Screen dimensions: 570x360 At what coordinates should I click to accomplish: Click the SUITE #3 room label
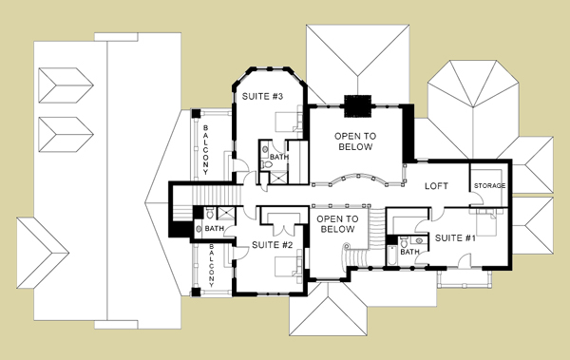click(262, 96)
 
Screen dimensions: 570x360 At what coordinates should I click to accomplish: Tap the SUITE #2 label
click(273, 245)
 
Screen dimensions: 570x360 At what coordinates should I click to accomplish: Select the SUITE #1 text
click(455, 238)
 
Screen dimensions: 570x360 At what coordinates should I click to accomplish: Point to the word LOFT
click(437, 186)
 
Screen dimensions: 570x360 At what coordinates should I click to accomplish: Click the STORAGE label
click(489, 186)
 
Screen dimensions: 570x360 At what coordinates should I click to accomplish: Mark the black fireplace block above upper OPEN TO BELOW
click(358, 106)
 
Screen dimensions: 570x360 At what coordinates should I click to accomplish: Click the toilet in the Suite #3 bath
click(267, 164)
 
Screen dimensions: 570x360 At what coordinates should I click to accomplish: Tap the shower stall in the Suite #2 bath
click(226, 213)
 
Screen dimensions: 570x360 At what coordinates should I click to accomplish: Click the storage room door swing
click(477, 199)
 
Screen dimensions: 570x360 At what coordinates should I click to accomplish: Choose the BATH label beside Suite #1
click(409, 252)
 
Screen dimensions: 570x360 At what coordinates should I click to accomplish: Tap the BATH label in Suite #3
click(279, 157)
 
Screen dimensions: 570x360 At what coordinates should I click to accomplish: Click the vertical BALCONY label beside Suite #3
click(206, 150)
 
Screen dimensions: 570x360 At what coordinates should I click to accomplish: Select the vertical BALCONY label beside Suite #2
click(212, 265)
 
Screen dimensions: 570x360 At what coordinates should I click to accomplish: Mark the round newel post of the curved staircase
click(347, 245)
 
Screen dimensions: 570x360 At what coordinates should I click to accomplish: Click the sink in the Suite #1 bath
click(420, 240)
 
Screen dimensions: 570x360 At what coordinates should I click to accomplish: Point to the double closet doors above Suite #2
click(283, 230)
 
